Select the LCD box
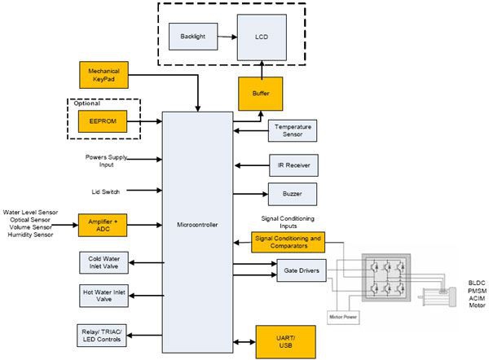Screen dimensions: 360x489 (x=262, y=36)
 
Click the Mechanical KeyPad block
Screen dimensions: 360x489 (x=103, y=74)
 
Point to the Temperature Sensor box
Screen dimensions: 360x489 (x=292, y=130)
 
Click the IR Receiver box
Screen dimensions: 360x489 (x=292, y=165)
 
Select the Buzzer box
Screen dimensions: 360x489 (x=292, y=194)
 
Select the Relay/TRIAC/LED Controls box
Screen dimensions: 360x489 (x=102, y=335)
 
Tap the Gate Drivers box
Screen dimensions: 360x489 (x=302, y=269)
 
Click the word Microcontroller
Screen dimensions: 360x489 (x=196, y=225)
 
